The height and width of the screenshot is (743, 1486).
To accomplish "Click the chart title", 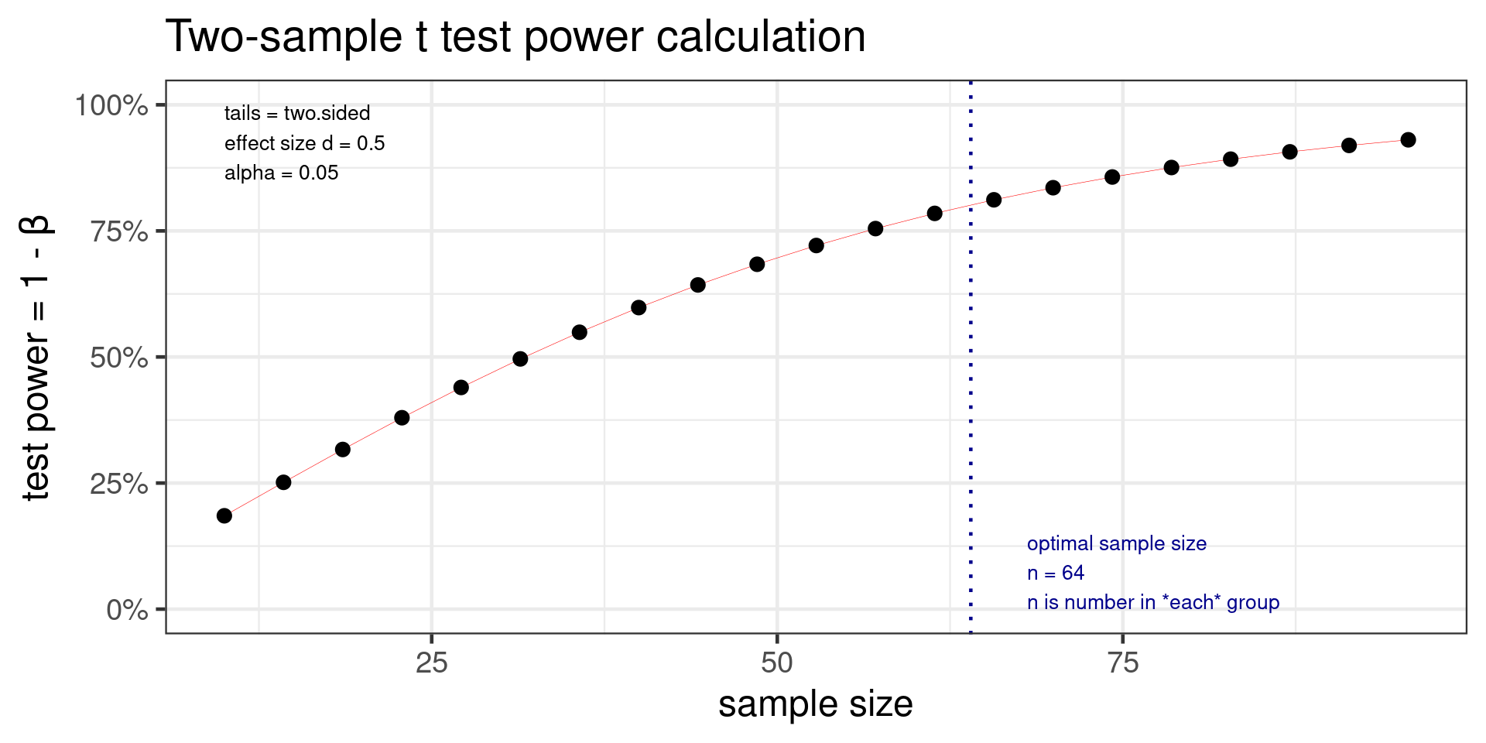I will [x=515, y=36].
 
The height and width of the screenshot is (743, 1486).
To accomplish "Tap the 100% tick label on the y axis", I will [x=111, y=105].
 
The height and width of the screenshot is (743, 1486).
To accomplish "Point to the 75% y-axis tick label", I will [x=119, y=231].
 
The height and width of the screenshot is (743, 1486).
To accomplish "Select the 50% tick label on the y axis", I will [x=119, y=358].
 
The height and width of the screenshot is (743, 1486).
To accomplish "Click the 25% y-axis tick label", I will [x=119, y=484].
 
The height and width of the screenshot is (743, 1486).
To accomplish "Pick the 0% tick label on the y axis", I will [x=127, y=610].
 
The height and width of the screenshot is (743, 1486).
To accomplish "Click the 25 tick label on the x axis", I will [x=431, y=663].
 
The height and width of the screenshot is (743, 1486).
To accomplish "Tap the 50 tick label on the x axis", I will [x=777, y=663].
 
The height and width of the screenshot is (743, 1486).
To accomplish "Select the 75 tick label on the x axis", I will [x=1123, y=663].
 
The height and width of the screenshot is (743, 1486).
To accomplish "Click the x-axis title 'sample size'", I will [x=816, y=704].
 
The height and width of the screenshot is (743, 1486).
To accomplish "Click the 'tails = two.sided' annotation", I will [x=297, y=114].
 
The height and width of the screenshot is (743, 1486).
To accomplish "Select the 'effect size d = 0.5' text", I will [x=304, y=144].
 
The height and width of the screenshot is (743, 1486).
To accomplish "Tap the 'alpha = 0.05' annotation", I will [x=281, y=173].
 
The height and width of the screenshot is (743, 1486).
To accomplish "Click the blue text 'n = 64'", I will [x=1056, y=574].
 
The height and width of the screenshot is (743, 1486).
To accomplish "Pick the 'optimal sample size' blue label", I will [x=1116, y=544].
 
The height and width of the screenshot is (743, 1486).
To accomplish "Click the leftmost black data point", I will [x=224, y=516].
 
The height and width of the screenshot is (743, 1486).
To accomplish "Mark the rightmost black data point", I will [x=1409, y=140].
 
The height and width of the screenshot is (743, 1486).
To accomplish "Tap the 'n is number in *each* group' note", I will [x=1152, y=603].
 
